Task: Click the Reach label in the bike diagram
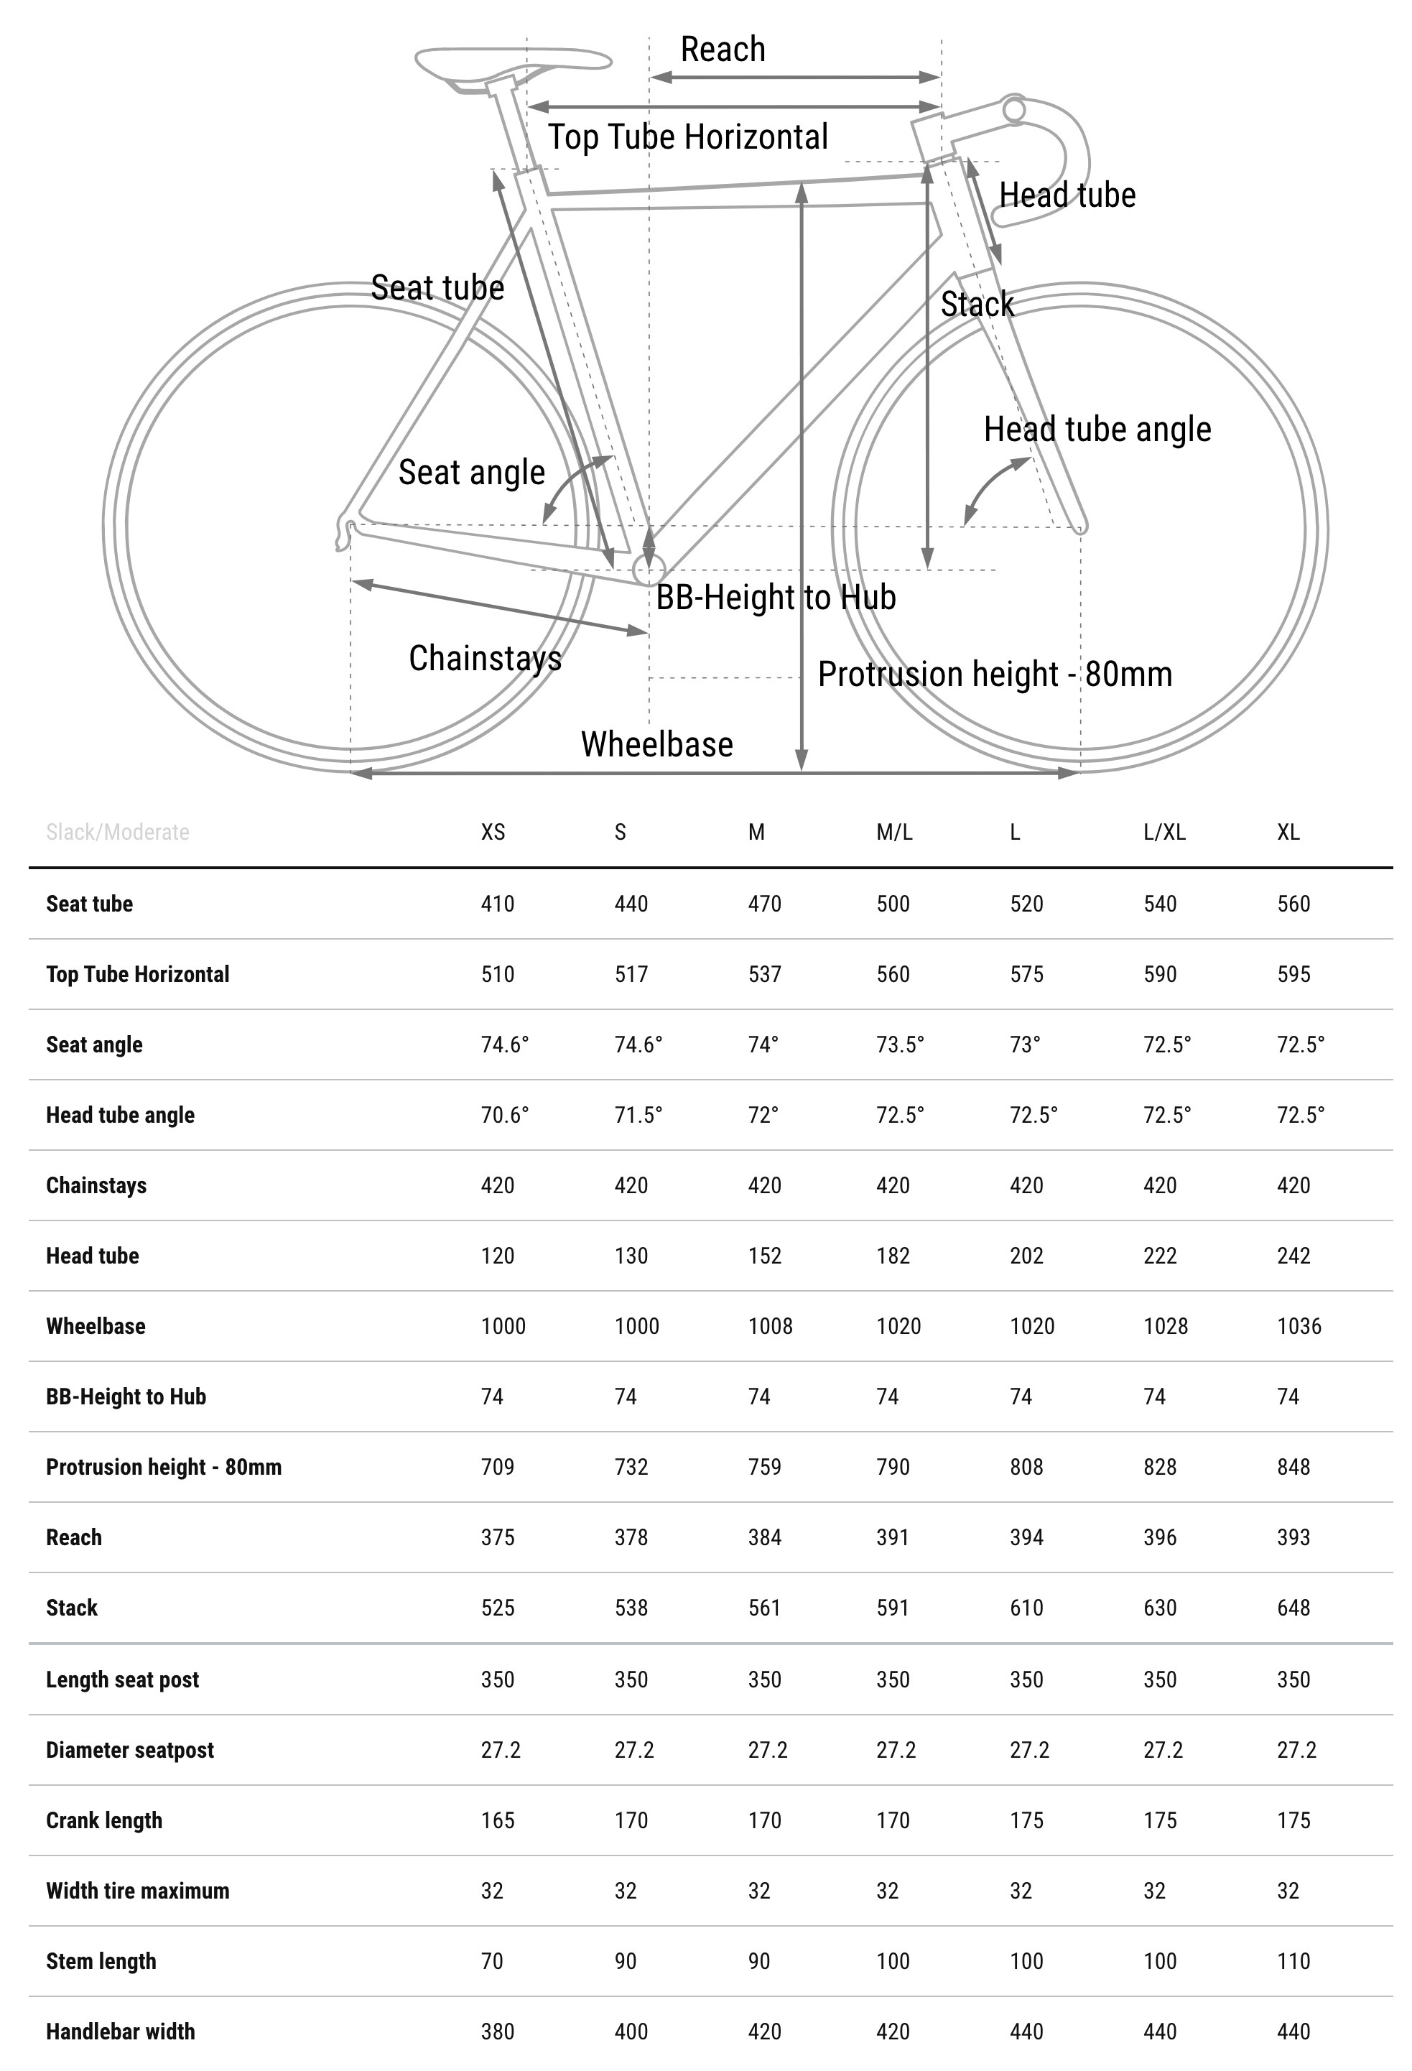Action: (723, 50)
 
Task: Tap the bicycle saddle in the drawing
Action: (512, 64)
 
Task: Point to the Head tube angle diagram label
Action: (1097, 430)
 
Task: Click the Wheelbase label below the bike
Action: (656, 744)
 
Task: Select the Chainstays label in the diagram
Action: (485, 659)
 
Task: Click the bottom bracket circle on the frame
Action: (648, 568)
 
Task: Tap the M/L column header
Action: (893, 833)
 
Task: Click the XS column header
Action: (493, 833)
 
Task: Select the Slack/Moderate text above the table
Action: (118, 833)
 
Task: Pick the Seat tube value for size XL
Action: (1293, 904)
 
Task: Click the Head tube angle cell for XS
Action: (504, 1115)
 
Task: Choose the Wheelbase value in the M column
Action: (770, 1326)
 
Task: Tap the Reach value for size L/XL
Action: (1160, 1537)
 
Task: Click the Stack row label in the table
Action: (72, 1608)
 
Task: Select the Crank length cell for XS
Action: (497, 1820)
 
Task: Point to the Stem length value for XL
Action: (1293, 1960)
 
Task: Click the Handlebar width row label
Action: (120, 2031)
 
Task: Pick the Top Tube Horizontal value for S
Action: (631, 974)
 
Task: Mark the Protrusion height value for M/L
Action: (893, 1467)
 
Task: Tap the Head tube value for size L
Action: (1026, 1256)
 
